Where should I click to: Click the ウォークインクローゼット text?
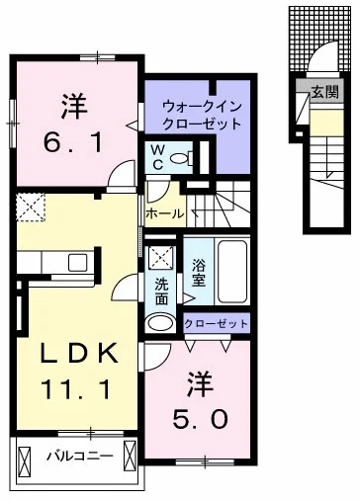coord(201,115)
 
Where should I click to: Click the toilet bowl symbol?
coord(179,158)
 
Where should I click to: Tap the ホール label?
coord(162,212)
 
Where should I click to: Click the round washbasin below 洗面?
coord(159,322)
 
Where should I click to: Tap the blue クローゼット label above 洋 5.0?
coord(216,323)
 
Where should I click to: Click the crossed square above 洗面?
coord(161,257)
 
